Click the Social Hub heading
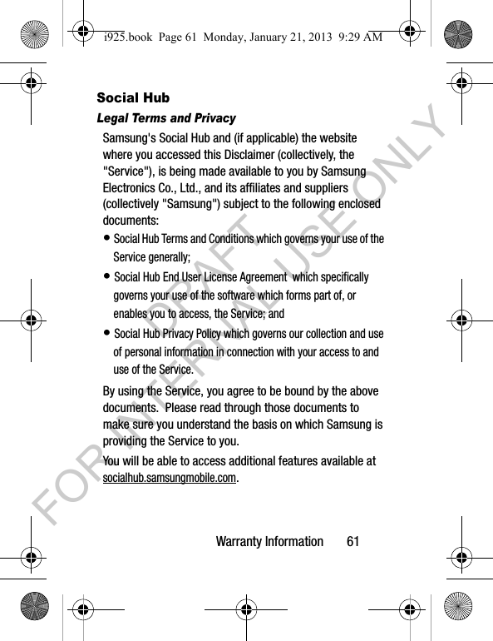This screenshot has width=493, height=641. click(x=133, y=99)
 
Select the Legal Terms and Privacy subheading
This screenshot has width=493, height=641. click(x=166, y=118)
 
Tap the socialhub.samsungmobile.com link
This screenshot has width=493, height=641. click(x=170, y=479)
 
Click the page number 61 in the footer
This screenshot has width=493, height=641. click(x=353, y=541)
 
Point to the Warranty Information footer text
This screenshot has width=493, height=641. click(x=269, y=541)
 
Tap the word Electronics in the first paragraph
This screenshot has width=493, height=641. click(x=132, y=187)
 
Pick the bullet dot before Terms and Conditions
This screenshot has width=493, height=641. click(x=106, y=239)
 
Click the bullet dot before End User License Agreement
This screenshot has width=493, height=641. click(x=106, y=276)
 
